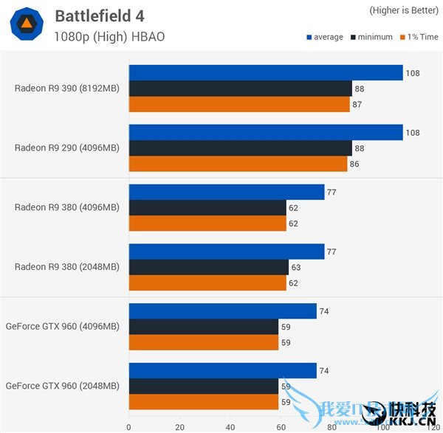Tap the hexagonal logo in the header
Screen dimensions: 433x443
(x=26, y=25)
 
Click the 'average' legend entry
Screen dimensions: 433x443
(x=324, y=37)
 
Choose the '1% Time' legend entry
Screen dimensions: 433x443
(x=419, y=37)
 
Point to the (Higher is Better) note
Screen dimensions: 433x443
(x=404, y=10)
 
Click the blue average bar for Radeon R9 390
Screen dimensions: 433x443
(x=266, y=72)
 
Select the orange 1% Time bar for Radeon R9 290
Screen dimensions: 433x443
(x=238, y=164)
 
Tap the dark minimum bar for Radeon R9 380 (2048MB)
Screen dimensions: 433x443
(x=208, y=267)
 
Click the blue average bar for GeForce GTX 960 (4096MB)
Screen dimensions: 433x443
(x=222, y=311)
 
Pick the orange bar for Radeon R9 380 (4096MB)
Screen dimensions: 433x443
(x=207, y=224)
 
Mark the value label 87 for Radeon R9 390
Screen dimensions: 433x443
(x=358, y=105)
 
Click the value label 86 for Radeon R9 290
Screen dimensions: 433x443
(x=354, y=164)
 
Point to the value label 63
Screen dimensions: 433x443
(x=297, y=267)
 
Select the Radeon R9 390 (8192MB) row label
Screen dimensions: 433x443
(x=66, y=88)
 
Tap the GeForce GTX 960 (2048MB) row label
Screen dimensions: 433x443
(x=62, y=386)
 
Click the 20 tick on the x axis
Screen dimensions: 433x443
(x=179, y=426)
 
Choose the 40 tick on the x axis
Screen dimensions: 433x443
(x=230, y=426)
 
